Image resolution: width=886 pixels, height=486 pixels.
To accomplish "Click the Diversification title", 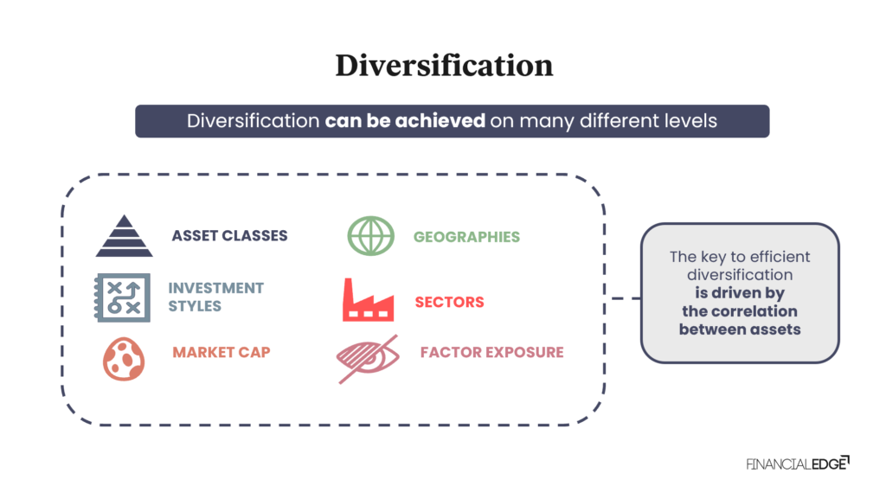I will tap(444, 66).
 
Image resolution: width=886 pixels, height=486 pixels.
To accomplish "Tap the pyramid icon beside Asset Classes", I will tap(124, 236).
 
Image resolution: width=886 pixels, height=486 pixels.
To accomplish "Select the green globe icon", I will tap(370, 236).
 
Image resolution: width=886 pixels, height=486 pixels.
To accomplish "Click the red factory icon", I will tap(368, 301).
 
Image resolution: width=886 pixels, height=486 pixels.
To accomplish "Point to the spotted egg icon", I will tap(124, 357).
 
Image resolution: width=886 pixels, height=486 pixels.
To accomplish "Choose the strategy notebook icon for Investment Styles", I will tap(121, 297).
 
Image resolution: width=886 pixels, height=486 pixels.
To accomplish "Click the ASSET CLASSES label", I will tap(229, 236).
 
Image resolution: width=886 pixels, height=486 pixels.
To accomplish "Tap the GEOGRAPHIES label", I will tap(466, 237).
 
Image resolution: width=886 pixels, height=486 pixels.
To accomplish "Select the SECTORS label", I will tap(449, 303).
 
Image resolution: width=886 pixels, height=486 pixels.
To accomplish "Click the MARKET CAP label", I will tap(221, 353).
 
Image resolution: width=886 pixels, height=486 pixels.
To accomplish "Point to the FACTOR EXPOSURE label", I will tap(491, 353).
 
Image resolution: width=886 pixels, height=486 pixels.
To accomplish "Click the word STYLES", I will tap(195, 306).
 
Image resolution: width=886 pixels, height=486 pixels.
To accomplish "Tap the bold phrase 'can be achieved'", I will tap(405, 121).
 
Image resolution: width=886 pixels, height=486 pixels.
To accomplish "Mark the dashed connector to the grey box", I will tap(623, 298).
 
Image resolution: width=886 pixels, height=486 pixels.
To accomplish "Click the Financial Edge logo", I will tap(797, 464).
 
